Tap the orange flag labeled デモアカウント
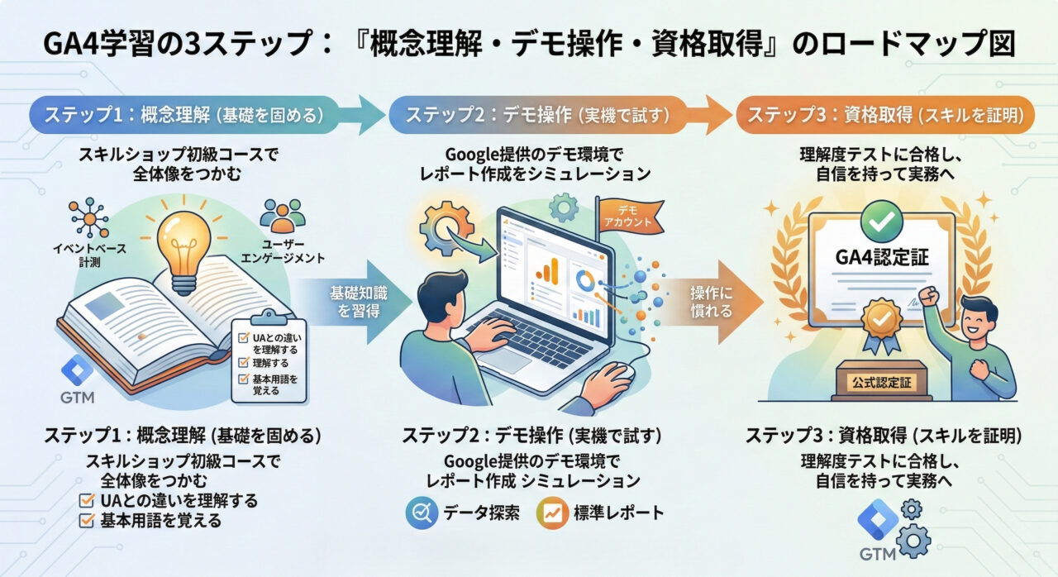coord(626,217)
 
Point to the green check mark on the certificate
coord(875,218)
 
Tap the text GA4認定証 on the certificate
coord(883,258)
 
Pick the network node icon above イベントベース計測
coord(88,217)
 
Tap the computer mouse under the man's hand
coord(620,373)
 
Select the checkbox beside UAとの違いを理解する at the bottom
coord(86,501)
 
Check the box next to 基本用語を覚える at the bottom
coord(86,521)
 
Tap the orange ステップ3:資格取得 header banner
coord(885,115)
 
